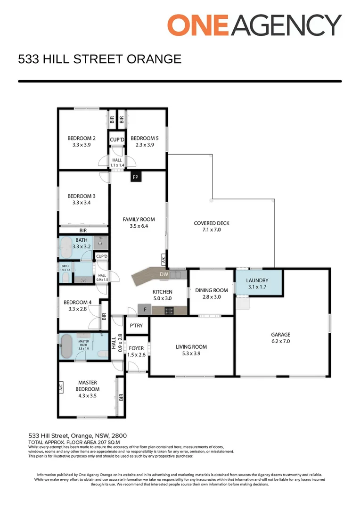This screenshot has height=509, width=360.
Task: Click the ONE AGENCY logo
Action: (254, 25)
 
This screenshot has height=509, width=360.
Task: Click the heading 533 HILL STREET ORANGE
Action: (99, 59)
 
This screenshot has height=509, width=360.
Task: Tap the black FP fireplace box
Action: (136, 177)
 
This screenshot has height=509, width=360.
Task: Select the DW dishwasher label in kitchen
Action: (164, 274)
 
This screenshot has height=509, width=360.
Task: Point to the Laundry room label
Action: (257, 280)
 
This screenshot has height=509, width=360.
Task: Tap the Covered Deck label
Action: (212, 223)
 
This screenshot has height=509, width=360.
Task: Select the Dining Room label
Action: (212, 290)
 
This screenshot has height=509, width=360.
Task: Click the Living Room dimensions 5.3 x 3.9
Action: (191, 353)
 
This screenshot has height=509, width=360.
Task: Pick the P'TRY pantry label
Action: (136, 326)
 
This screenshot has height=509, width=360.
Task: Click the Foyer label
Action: (136, 348)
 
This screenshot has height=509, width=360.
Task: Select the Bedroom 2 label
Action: (82, 138)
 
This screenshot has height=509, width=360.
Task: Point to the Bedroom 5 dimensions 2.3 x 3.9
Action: (142, 145)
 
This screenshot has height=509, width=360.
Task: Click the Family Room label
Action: (139, 219)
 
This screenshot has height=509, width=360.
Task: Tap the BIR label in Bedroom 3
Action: (83, 230)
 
